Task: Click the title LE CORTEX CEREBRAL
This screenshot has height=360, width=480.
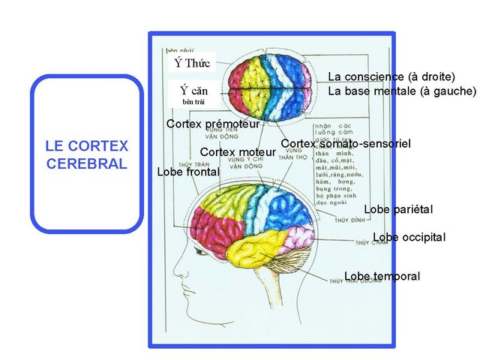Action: (87, 154)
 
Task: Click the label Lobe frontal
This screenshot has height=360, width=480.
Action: (188, 172)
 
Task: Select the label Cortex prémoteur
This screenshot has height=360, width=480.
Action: (213, 123)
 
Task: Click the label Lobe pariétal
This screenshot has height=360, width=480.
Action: (398, 209)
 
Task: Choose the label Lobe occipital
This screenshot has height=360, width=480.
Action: (409, 238)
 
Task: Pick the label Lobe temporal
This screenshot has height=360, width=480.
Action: (382, 277)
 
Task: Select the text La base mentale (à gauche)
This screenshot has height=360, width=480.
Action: (401, 91)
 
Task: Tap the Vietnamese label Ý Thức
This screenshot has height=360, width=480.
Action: (193, 61)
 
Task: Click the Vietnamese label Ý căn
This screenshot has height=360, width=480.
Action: (193, 90)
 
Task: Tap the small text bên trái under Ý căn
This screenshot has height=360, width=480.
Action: (193, 100)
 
